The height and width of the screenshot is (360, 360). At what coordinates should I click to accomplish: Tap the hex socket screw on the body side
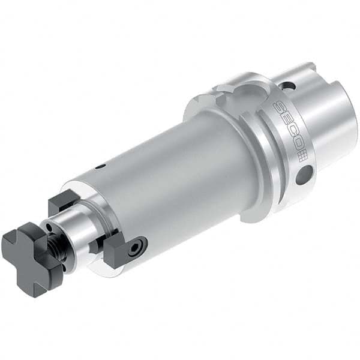point(139,246)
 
